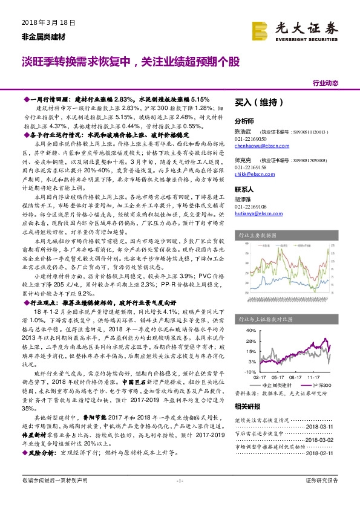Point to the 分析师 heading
pyautogui.click(x=244, y=120)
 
